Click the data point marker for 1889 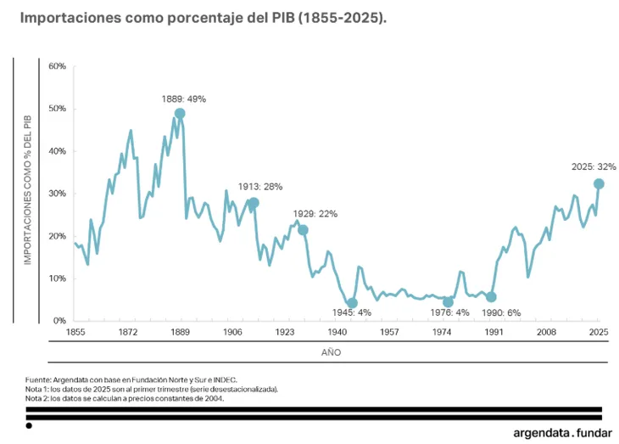pos(180,114)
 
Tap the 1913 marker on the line pos(254,203)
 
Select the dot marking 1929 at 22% pos(303,230)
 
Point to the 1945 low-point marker pos(353,303)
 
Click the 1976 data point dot pos(449,302)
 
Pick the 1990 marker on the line pos(491,297)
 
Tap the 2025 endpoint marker pos(599,183)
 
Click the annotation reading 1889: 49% pos(184,99)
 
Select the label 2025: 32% pos(594,167)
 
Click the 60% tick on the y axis pos(58,66)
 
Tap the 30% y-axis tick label pos(58,194)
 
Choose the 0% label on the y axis pos(60,321)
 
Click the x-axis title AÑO pos(332,351)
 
